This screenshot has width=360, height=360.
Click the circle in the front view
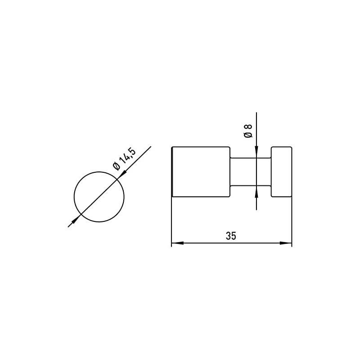coord(99,196)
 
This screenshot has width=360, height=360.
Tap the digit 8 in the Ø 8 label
coord(247,126)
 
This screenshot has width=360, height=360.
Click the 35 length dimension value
coord(231,235)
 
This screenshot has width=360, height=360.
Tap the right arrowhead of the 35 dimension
coord(286,243)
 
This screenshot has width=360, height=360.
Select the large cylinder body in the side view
coord(201,171)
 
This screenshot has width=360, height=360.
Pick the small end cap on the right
coord(281,171)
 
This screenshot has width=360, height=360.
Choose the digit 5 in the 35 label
coord(234,235)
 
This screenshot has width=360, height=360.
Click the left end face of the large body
coord(172,171)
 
